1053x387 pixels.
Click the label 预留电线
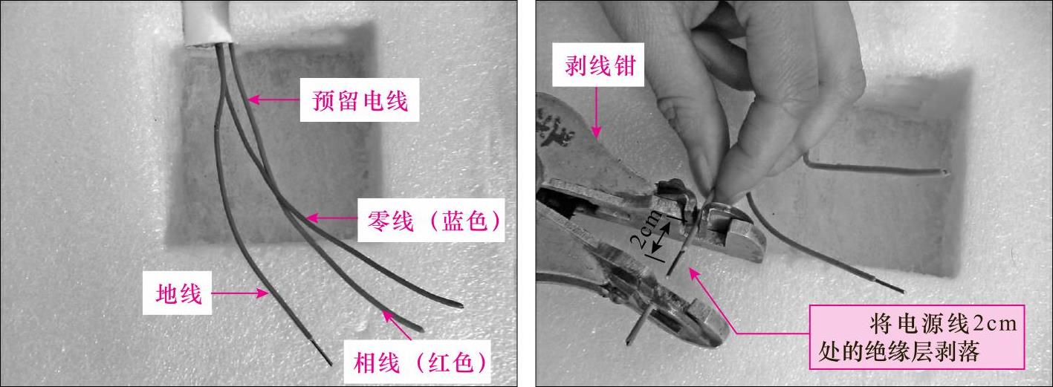point(360,100)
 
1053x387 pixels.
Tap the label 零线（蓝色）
point(431,220)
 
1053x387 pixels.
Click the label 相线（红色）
point(418,362)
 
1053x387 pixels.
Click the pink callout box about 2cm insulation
point(916,336)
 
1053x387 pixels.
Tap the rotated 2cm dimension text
point(645,231)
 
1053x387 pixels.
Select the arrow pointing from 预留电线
point(273,100)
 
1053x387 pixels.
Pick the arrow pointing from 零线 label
point(331,218)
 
